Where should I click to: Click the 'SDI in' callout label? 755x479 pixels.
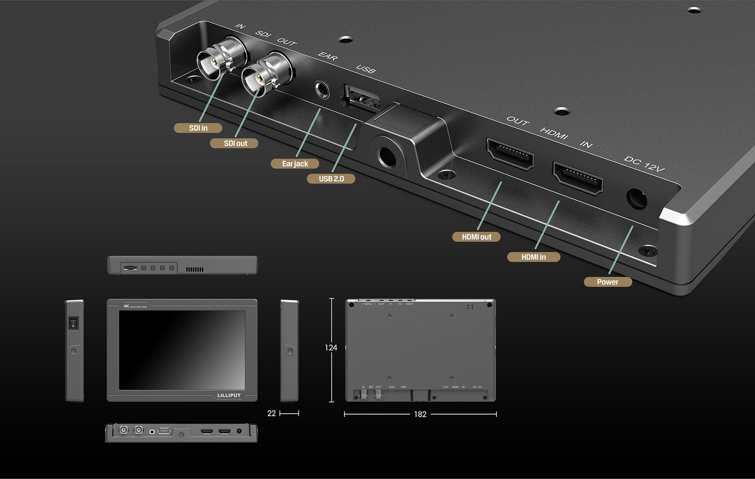(198, 128)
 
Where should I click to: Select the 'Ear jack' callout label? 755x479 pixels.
(295, 164)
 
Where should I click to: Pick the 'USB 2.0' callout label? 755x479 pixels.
(331, 179)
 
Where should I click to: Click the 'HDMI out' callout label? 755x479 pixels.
(476, 237)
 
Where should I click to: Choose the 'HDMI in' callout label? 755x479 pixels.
(533, 257)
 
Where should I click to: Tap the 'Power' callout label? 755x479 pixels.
(608, 282)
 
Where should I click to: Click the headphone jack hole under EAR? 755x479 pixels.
(322, 90)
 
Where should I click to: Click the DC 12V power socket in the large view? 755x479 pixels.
(636, 199)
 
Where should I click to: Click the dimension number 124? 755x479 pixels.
(331, 348)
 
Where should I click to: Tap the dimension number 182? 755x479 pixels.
(420, 414)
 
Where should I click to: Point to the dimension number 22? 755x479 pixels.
(271, 413)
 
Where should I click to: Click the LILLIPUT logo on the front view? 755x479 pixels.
(229, 395)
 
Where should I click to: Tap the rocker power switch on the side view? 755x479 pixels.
(73, 324)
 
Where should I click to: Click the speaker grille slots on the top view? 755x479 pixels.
(195, 269)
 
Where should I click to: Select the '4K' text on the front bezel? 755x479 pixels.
(126, 306)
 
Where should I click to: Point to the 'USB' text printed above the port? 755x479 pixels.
(366, 69)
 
